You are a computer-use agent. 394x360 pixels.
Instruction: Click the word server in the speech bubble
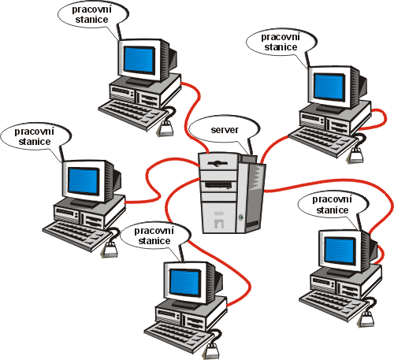tap(225, 130)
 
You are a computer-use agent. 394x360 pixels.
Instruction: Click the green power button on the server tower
tap(240, 217)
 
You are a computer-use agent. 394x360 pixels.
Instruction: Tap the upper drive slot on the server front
tap(217, 164)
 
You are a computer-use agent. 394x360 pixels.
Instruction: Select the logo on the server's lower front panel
tap(219, 220)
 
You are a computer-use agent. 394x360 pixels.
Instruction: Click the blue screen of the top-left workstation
tap(139, 60)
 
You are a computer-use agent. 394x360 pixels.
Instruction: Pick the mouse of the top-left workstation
tap(165, 128)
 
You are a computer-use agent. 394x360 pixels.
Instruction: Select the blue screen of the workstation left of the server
tap(84, 181)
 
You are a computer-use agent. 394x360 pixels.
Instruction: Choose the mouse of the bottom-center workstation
tap(214, 351)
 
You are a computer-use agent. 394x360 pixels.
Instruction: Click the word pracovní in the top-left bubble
tap(91, 10)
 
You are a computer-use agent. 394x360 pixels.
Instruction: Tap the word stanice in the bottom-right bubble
tap(333, 210)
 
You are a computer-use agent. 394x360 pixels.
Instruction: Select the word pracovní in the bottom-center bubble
tap(154, 231)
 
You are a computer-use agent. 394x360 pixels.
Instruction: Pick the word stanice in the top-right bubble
tap(281, 47)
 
